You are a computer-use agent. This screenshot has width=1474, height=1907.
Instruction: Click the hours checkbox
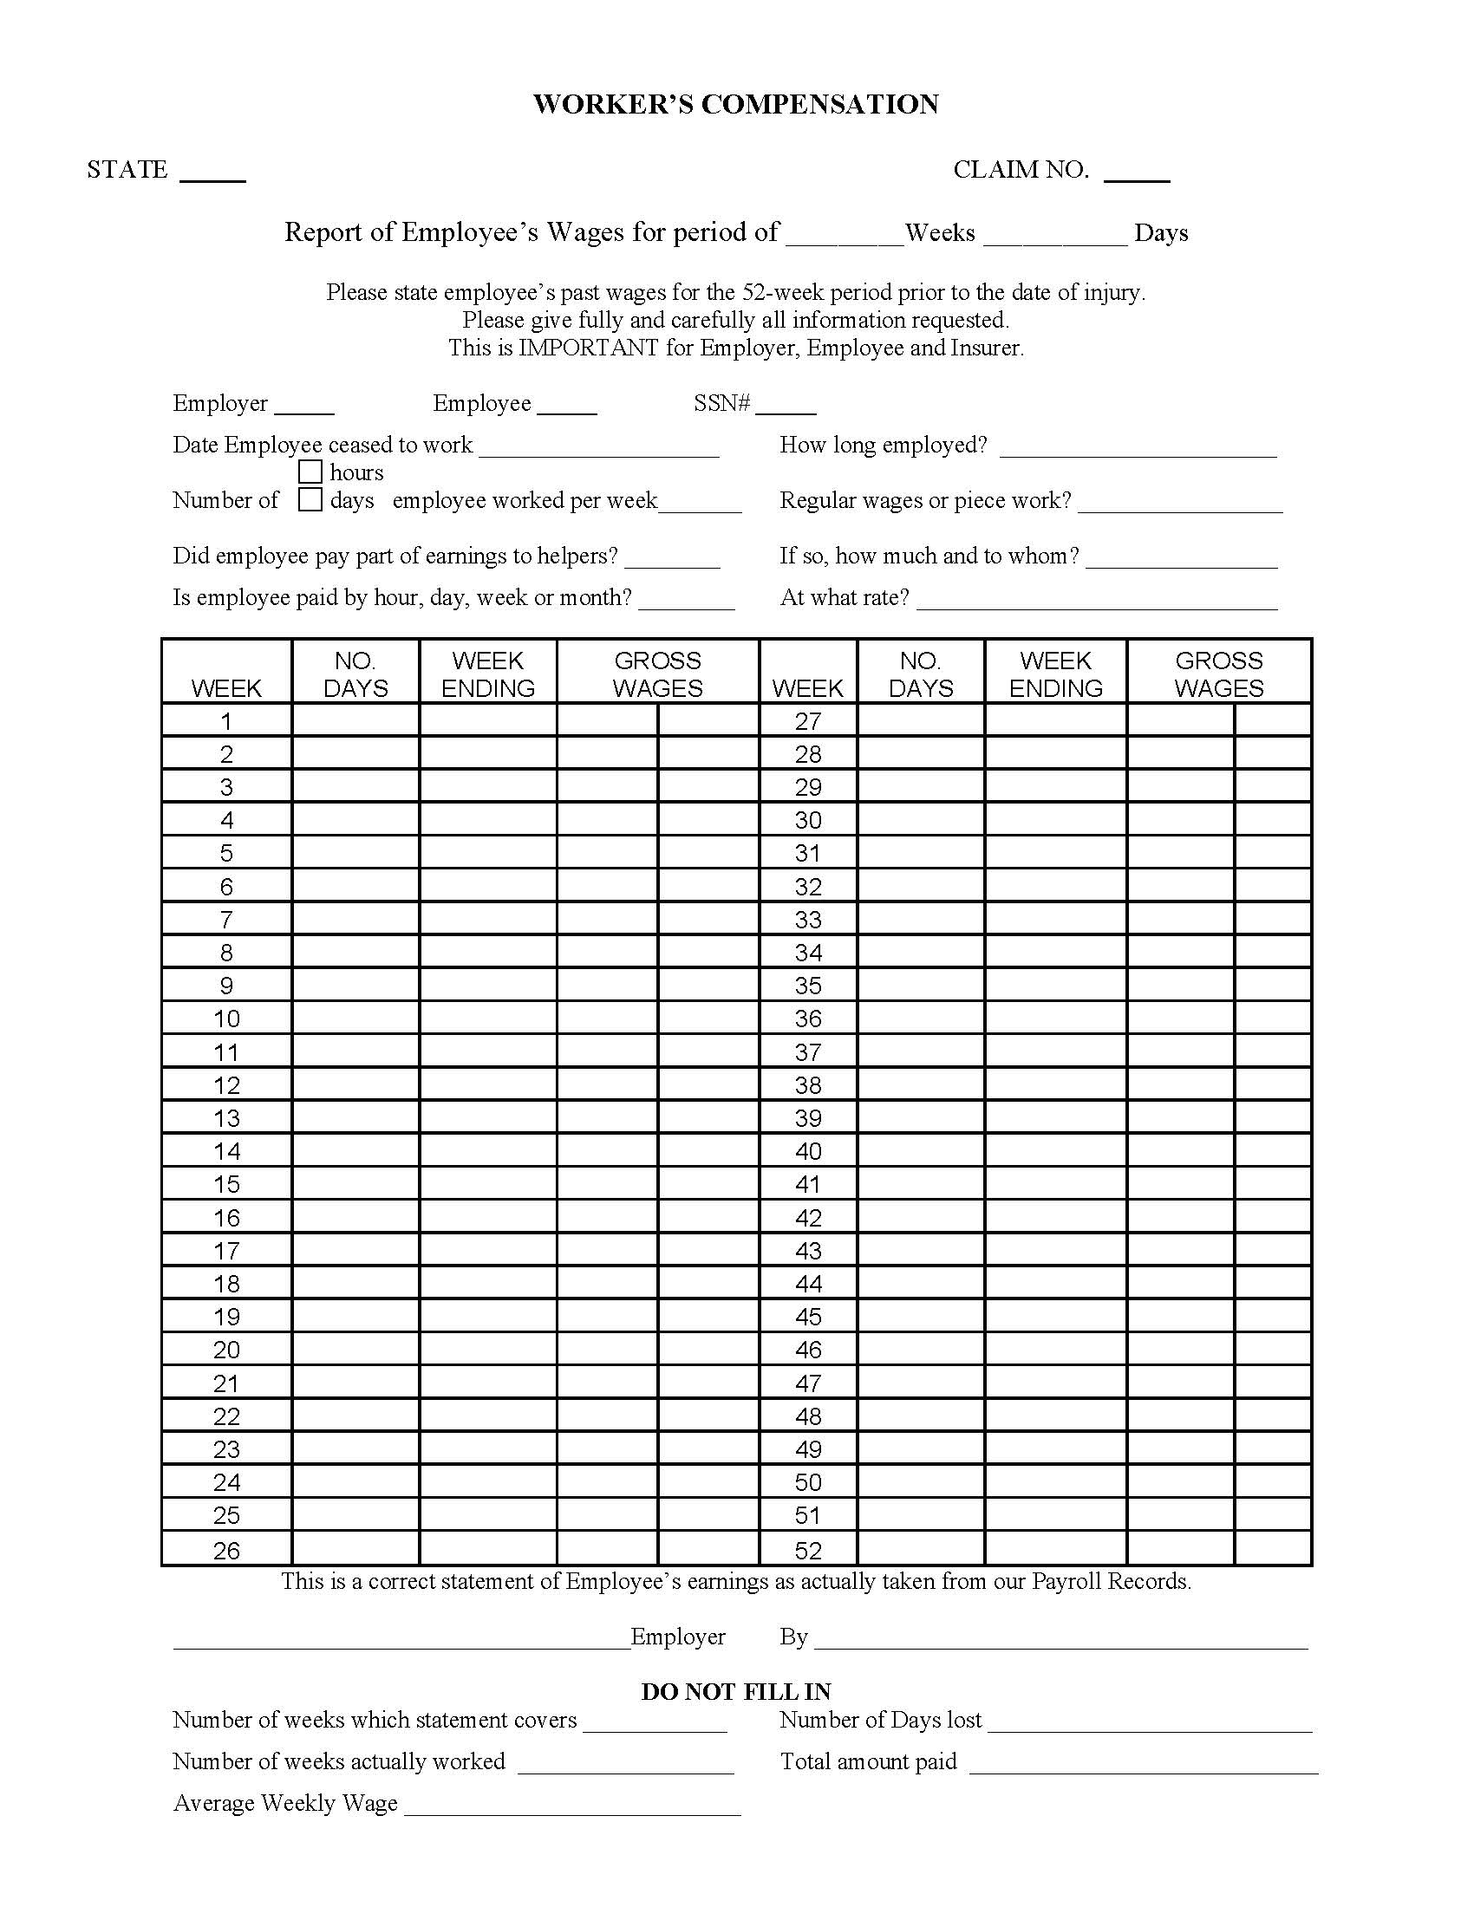pyautogui.click(x=310, y=472)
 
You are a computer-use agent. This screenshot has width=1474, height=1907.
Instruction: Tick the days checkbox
pyautogui.click(x=310, y=499)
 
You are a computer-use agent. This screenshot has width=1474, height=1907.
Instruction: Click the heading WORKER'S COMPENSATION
pyautogui.click(x=735, y=105)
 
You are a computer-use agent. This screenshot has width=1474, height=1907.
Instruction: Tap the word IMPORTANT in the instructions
pyautogui.click(x=588, y=348)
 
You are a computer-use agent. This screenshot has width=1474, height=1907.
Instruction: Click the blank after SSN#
pyautogui.click(x=786, y=407)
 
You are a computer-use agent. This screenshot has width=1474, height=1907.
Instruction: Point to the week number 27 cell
pyautogui.click(x=808, y=720)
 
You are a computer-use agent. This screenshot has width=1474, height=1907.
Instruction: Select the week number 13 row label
pyautogui.click(x=226, y=1117)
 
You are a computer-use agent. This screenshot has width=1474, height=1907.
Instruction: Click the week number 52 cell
pyautogui.click(x=808, y=1550)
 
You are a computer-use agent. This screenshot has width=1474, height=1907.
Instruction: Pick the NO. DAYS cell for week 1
pyautogui.click(x=355, y=720)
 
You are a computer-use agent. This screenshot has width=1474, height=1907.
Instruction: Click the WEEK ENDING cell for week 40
pyautogui.click(x=1055, y=1151)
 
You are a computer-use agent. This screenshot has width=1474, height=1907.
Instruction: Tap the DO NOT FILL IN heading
pyautogui.click(x=735, y=1691)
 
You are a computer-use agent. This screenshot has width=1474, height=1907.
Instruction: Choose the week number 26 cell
pyautogui.click(x=226, y=1550)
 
